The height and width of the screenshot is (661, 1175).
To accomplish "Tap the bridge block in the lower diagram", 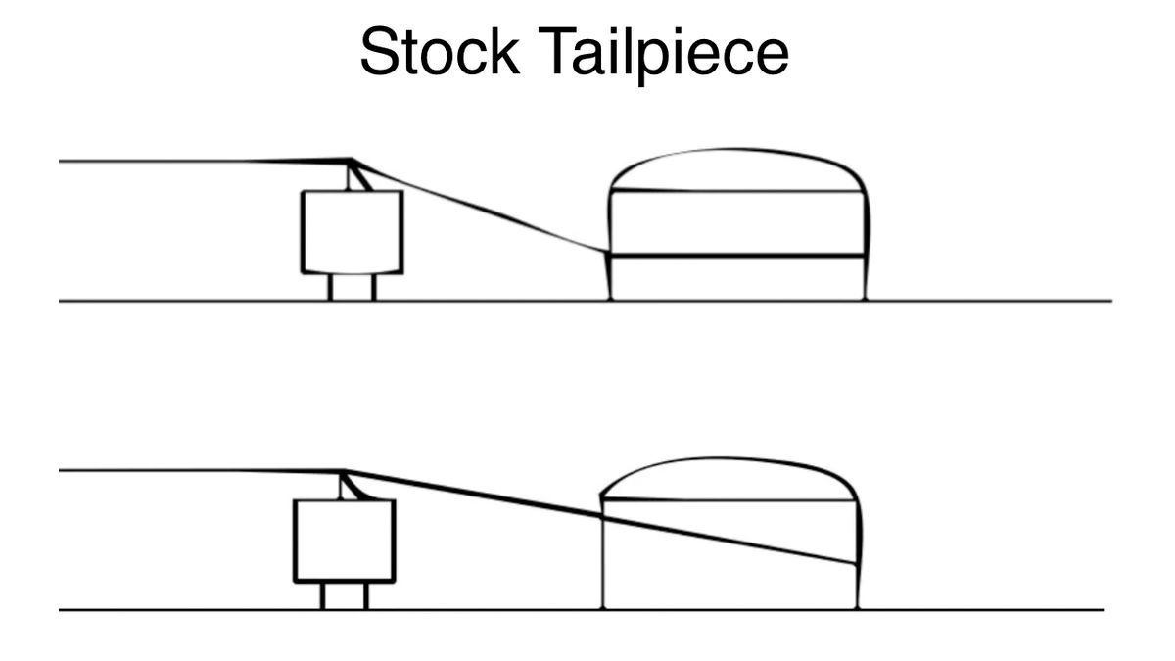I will [x=345, y=541].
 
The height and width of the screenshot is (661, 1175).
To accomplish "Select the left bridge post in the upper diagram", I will [x=330, y=287].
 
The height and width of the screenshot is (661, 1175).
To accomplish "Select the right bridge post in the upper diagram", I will [x=373, y=287].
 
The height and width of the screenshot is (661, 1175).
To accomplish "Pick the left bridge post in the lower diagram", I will [x=322, y=595].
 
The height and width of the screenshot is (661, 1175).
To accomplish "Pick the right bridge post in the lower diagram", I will [x=366, y=595].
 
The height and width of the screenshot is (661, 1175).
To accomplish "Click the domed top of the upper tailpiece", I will [x=736, y=169].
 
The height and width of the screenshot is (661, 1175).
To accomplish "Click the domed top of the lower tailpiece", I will [x=729, y=479].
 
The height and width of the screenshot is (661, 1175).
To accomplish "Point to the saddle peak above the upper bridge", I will [x=351, y=161].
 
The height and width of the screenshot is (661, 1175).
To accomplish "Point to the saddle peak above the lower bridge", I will [x=343, y=472].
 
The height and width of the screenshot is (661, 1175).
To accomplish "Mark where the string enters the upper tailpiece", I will [x=608, y=253].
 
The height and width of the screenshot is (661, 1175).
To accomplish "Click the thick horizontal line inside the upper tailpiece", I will [x=736, y=256].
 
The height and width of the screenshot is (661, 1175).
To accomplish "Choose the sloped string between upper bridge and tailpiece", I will [x=480, y=207].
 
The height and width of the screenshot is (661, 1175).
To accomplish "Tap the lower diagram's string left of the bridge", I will [x=196, y=471].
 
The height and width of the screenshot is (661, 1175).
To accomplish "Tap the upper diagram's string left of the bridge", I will [x=196, y=161].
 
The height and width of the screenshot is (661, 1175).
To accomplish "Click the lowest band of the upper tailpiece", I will [x=736, y=278].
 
